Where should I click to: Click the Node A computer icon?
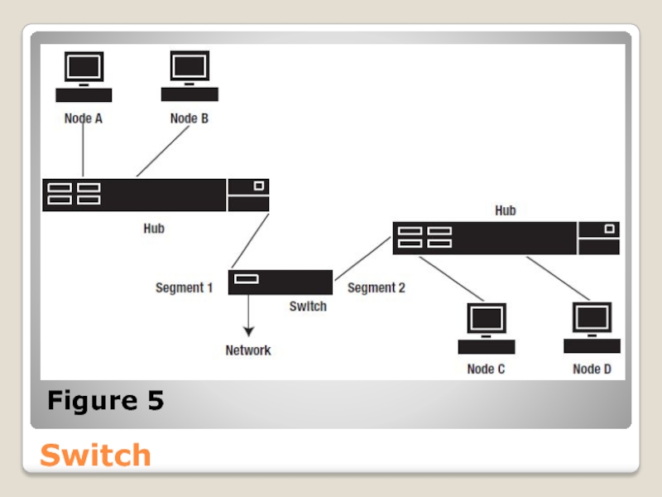84,77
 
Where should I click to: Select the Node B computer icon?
189,77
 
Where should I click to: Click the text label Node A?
84,118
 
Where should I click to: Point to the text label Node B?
189,118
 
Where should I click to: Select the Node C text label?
486,369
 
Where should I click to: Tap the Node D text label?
592,369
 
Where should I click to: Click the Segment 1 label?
184,288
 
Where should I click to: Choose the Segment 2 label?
377,288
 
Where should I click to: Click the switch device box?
281,282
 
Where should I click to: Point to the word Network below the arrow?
248,350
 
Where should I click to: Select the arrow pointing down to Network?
248,315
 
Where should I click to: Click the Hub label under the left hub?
154,229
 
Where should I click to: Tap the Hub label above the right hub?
506,210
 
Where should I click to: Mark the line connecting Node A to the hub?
84,151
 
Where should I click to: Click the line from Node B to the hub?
162,152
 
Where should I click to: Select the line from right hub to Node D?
558,277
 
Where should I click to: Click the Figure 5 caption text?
105,402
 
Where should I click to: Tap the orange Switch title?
95,455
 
